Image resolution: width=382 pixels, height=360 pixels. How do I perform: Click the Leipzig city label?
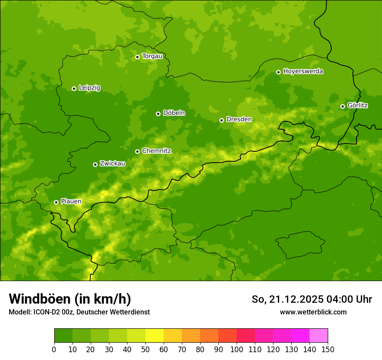pyautogui.click(x=89, y=88)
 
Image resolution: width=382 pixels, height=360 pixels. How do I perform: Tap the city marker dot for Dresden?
pyautogui.click(x=221, y=120)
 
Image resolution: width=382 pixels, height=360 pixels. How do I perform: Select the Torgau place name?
pyautogui.click(x=152, y=56)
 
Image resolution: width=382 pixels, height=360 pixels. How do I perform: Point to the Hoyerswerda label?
pyautogui.click(x=303, y=72)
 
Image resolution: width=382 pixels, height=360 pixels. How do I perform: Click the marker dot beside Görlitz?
pyautogui.click(x=342, y=106)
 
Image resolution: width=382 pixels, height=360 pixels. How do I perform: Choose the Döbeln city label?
pyautogui.click(x=174, y=113)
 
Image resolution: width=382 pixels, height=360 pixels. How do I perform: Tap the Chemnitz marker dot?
pyautogui.click(x=137, y=151)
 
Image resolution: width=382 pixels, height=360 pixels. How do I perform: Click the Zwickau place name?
pyautogui.click(x=112, y=164)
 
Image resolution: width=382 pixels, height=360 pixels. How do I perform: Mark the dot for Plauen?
pyautogui.click(x=56, y=202)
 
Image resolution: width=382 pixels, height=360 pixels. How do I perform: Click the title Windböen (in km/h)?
pyautogui.click(x=70, y=299)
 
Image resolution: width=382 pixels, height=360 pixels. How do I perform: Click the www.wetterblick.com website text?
pyautogui.click(x=313, y=312)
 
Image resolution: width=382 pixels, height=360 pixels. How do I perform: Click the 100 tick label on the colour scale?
pyautogui.click(x=237, y=349)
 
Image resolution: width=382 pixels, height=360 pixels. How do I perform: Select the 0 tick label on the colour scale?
pyautogui.click(x=54, y=349)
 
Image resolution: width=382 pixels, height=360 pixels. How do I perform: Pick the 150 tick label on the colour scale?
pyautogui.click(x=328, y=349)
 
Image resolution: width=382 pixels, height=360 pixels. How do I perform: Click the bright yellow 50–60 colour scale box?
pyautogui.click(x=155, y=336)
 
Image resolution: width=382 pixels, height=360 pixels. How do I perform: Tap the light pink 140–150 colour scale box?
pyautogui.click(x=319, y=336)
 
